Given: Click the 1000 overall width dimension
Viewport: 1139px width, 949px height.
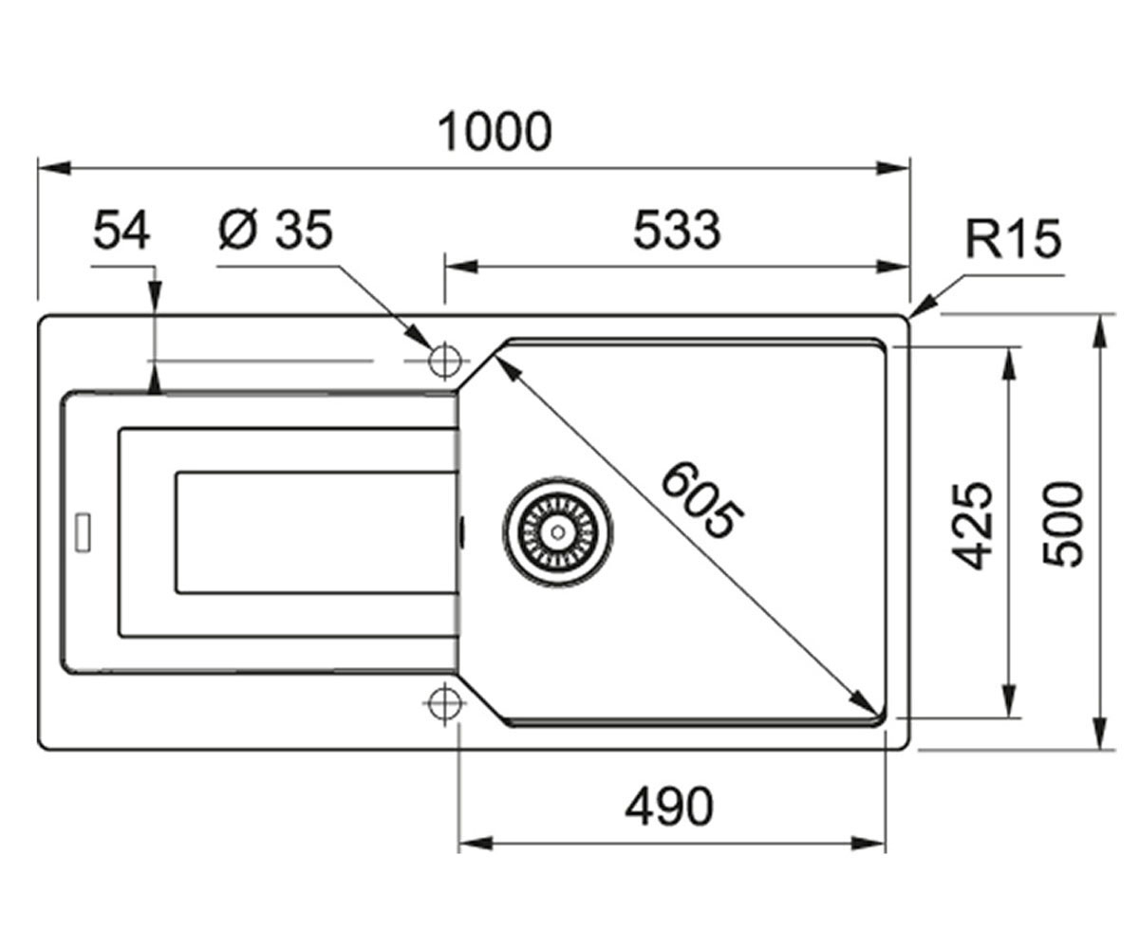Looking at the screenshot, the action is pos(495,132).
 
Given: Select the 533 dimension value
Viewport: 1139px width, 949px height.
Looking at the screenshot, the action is pos(677,231).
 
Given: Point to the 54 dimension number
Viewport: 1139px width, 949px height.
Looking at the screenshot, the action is pos(121,231).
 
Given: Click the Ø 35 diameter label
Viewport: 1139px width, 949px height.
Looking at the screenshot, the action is pos(275,230).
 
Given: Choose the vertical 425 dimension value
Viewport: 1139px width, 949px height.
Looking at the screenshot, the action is pos(972,525).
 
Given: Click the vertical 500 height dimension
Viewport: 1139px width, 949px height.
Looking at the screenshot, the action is pos(1061,524).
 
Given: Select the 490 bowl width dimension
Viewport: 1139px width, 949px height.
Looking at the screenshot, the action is pos(669,807).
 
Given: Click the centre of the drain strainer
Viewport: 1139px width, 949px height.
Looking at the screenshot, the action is pos(557,530).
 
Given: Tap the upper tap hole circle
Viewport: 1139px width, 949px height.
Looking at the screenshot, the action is pos(444,361).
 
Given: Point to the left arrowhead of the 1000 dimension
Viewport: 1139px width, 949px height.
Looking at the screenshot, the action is pos(54,169).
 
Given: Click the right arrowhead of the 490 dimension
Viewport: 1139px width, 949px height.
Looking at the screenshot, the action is pos(868,844).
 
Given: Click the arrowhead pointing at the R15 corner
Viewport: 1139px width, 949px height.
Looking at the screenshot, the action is pos(924,307).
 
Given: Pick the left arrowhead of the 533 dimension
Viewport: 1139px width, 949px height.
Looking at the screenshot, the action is pos(461,267).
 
